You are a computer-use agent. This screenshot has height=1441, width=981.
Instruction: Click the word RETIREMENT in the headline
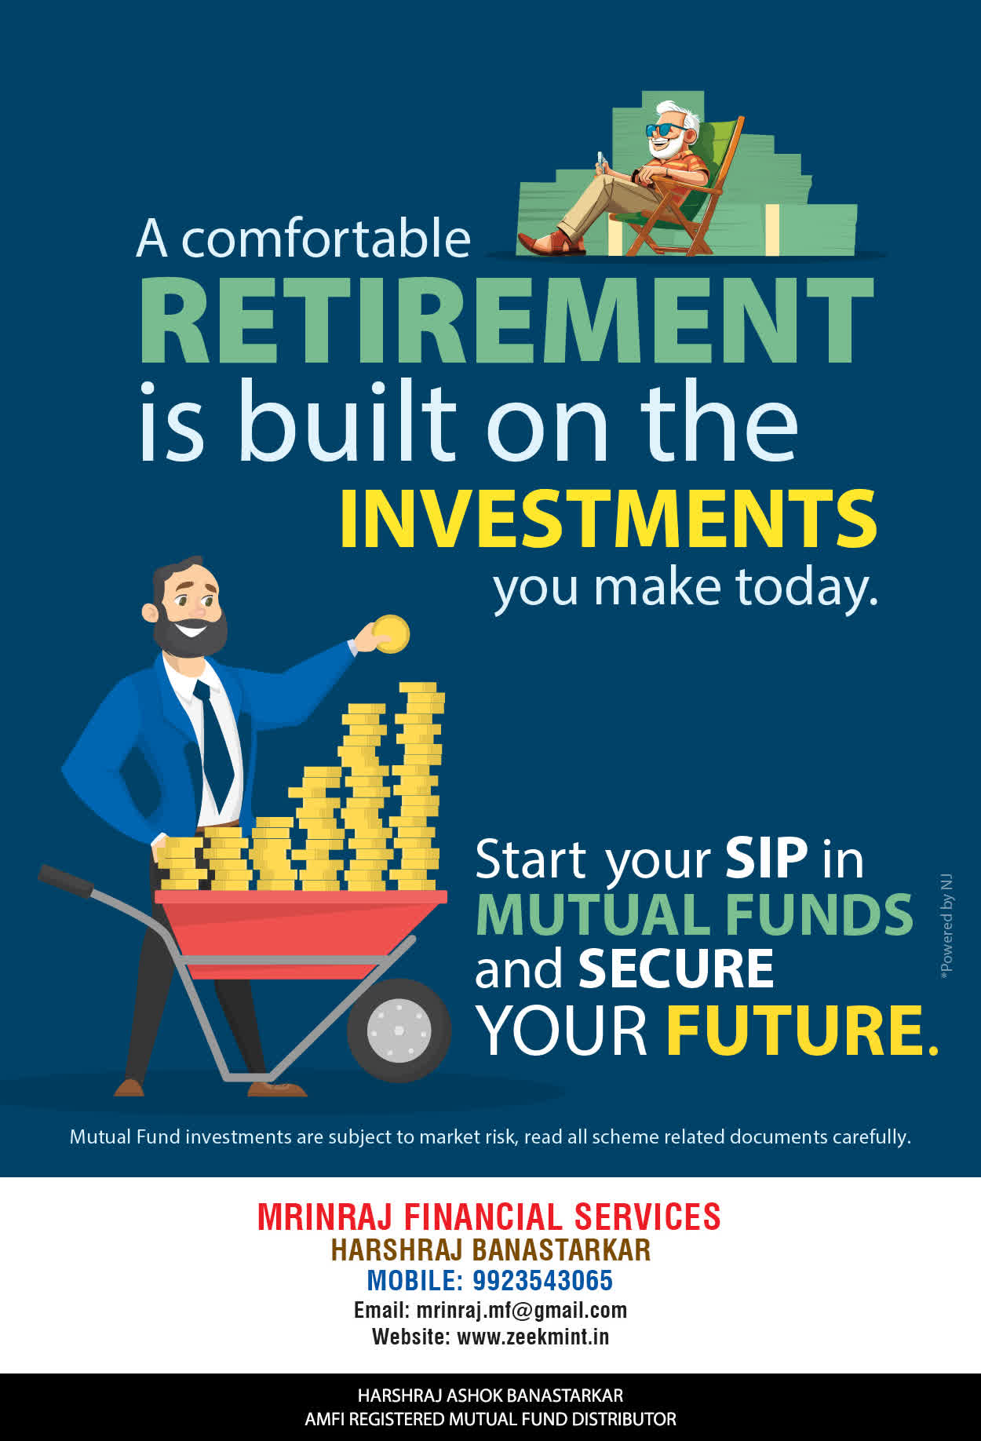pyautogui.click(x=506, y=319)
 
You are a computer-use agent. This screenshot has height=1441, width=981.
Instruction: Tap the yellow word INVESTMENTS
pyautogui.click(x=608, y=519)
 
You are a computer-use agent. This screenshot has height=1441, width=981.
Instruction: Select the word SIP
pyautogui.click(x=766, y=858)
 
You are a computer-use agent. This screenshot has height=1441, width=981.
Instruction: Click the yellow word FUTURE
pyautogui.click(x=802, y=1030)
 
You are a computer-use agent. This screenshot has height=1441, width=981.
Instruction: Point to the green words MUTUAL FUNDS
pyautogui.click(x=695, y=914)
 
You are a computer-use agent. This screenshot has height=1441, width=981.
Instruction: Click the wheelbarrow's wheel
pyautogui.click(x=399, y=1030)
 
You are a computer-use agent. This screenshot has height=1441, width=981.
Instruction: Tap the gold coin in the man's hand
pyautogui.click(x=391, y=633)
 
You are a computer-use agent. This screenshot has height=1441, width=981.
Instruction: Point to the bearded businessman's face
pyautogui.click(x=188, y=608)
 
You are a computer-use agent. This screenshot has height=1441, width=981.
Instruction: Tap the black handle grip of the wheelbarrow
pyautogui.click(x=65, y=880)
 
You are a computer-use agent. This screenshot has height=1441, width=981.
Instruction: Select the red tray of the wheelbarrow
pyautogui.click(x=301, y=930)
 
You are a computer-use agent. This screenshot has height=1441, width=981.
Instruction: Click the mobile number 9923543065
pyautogui.click(x=542, y=1280)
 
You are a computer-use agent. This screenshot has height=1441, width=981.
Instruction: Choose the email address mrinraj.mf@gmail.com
pyautogui.click(x=521, y=1310)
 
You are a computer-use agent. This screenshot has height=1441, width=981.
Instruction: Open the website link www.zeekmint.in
pyautogui.click(x=533, y=1336)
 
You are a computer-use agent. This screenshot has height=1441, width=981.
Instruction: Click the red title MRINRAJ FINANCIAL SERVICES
pyautogui.click(x=489, y=1217)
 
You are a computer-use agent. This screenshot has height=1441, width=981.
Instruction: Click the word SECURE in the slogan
pyautogui.click(x=676, y=969)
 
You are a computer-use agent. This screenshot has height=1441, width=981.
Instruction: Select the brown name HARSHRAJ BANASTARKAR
pyautogui.click(x=491, y=1249)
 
